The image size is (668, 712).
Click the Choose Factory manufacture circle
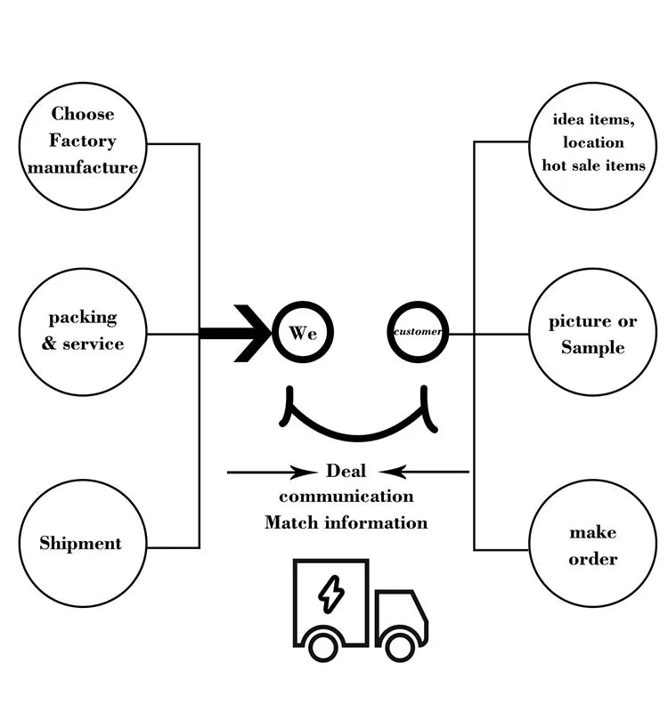(x=82, y=142)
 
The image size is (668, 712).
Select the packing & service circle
(x=82, y=331)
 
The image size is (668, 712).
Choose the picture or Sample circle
(x=592, y=333)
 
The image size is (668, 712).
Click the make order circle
(x=592, y=545)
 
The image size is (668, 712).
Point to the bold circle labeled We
(x=303, y=333)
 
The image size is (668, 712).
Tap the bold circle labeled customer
(x=418, y=333)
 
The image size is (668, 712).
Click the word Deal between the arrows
(x=346, y=471)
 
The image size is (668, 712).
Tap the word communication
(x=346, y=496)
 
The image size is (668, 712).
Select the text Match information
(x=346, y=522)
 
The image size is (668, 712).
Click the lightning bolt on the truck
(x=331, y=594)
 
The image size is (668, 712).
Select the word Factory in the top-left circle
(x=82, y=141)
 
